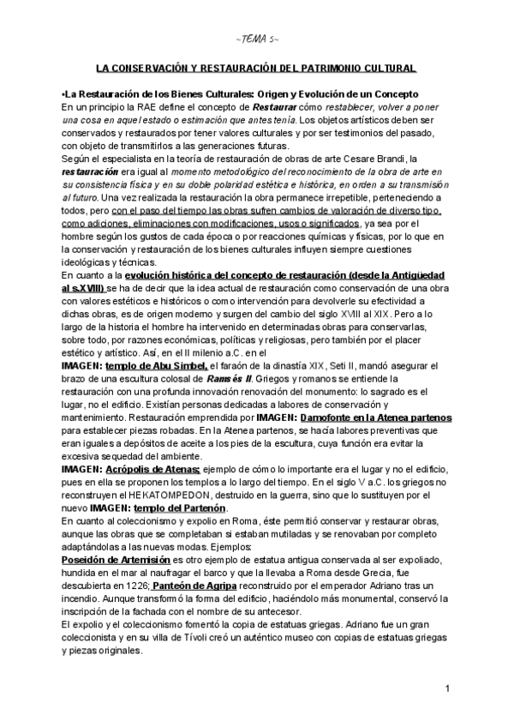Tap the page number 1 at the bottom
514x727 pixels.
tap(448, 690)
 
